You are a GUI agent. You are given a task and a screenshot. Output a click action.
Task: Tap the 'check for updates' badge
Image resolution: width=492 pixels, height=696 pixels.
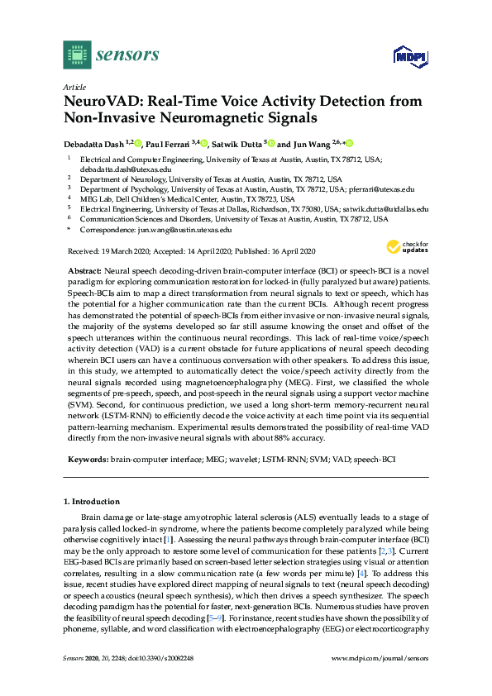[x=406, y=247]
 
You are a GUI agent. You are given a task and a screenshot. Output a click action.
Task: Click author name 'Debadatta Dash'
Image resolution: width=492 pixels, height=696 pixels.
[x=93, y=143]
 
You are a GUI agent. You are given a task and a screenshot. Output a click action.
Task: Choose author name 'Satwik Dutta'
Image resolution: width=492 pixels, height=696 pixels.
[x=236, y=143]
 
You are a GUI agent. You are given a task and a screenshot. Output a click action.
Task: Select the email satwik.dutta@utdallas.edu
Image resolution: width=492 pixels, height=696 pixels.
[x=386, y=210]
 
